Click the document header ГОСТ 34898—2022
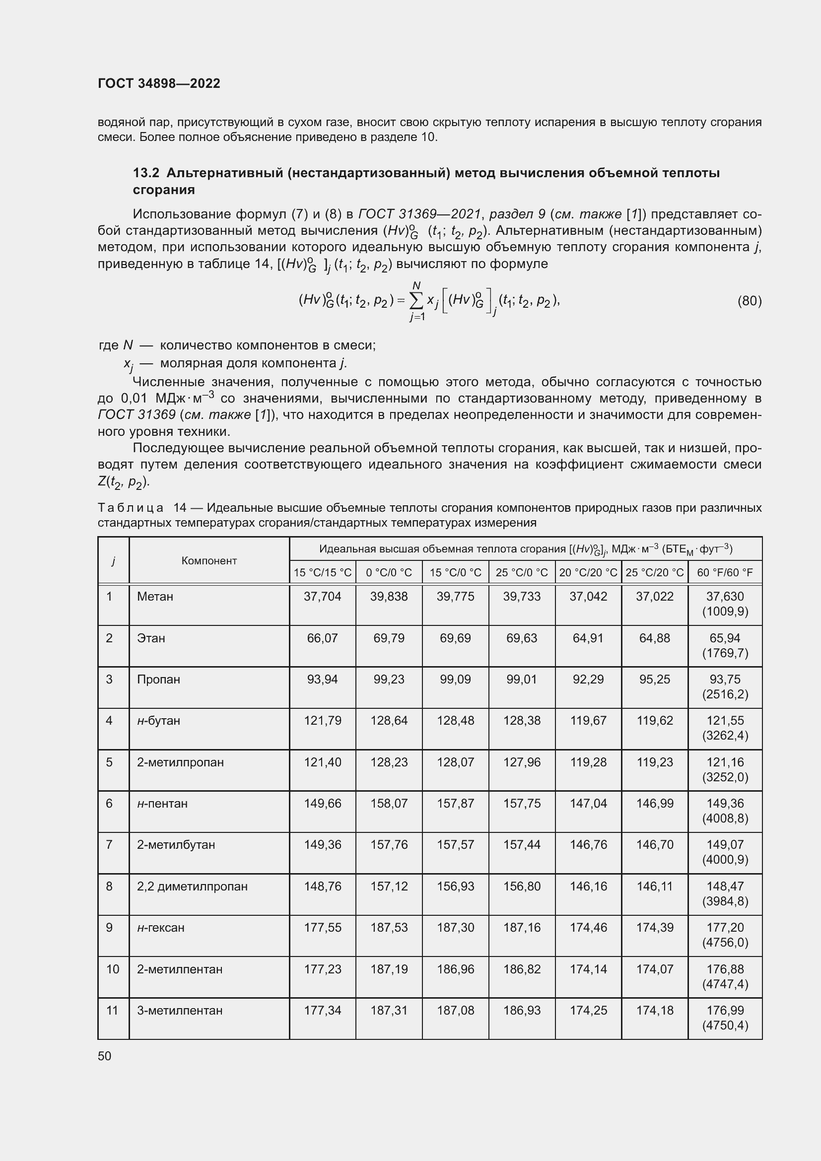point(159,83)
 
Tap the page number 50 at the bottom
point(104,1056)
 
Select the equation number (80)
point(749,301)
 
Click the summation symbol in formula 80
point(416,301)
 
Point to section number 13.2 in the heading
point(146,173)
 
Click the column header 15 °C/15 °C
point(323,572)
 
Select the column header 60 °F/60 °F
point(724,572)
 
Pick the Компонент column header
point(209,561)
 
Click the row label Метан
point(155,597)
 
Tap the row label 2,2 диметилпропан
point(192,887)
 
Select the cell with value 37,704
point(323,597)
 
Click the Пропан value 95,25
point(654,679)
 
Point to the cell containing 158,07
point(389,804)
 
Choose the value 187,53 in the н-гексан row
point(389,927)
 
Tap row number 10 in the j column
point(112,969)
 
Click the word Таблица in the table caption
point(131,508)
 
